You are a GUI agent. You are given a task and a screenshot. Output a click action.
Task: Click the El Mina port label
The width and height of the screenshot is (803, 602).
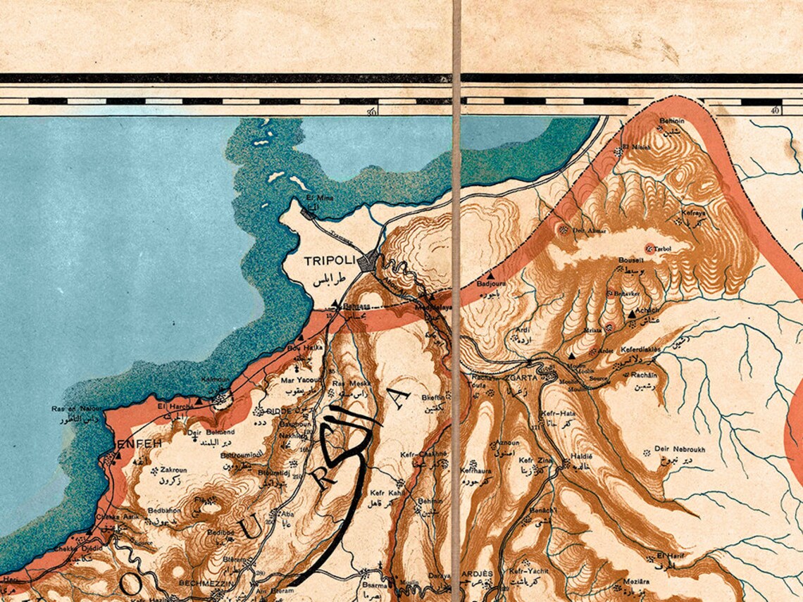click(319, 198)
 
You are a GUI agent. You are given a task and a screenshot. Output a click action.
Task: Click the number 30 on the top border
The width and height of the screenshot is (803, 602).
click(371, 111)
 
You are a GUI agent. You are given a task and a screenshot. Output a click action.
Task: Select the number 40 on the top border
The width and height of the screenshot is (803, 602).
click(776, 111)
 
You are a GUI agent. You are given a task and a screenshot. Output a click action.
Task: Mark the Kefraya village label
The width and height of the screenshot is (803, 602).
click(693, 212)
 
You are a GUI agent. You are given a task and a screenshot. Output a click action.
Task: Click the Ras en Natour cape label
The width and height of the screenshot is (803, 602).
click(74, 409)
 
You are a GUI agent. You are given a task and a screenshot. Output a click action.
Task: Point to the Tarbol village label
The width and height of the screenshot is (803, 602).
click(663, 249)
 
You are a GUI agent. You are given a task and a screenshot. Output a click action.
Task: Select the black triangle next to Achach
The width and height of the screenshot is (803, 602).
click(632, 314)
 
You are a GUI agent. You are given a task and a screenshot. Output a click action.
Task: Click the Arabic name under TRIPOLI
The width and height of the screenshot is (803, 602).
click(330, 278)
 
